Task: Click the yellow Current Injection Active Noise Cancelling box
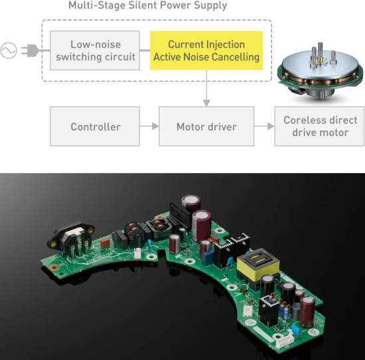click(x=206, y=50)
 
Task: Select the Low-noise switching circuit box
click(x=95, y=50)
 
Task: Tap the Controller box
click(x=95, y=126)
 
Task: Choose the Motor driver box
click(x=206, y=126)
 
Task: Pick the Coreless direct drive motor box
click(x=319, y=126)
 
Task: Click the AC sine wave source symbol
click(x=9, y=50)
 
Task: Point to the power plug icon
click(x=30, y=50)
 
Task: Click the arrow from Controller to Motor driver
click(x=149, y=126)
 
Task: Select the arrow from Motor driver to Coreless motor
click(x=264, y=126)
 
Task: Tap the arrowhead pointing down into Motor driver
click(x=206, y=103)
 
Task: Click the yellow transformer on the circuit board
click(x=258, y=263)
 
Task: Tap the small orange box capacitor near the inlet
click(x=106, y=243)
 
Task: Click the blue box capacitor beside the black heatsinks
click(x=208, y=257)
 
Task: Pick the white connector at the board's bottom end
click(x=285, y=341)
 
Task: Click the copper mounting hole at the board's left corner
click(x=54, y=267)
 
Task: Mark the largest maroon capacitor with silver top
click(x=202, y=225)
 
